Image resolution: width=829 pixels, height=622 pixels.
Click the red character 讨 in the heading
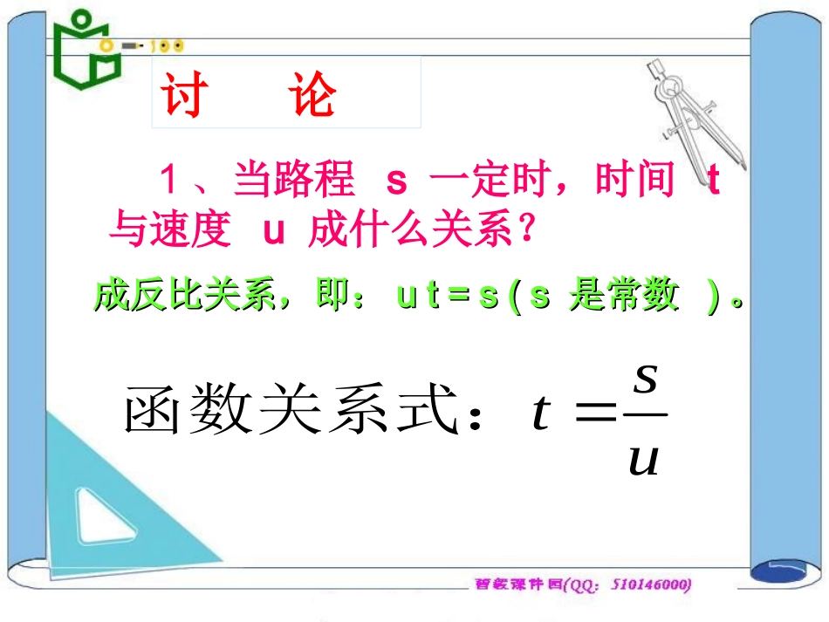(x=183, y=94)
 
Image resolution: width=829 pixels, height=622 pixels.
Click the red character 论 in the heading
(x=312, y=94)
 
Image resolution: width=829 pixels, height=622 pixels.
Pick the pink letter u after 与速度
(x=274, y=231)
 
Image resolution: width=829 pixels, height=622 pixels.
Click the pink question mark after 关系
(x=524, y=232)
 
